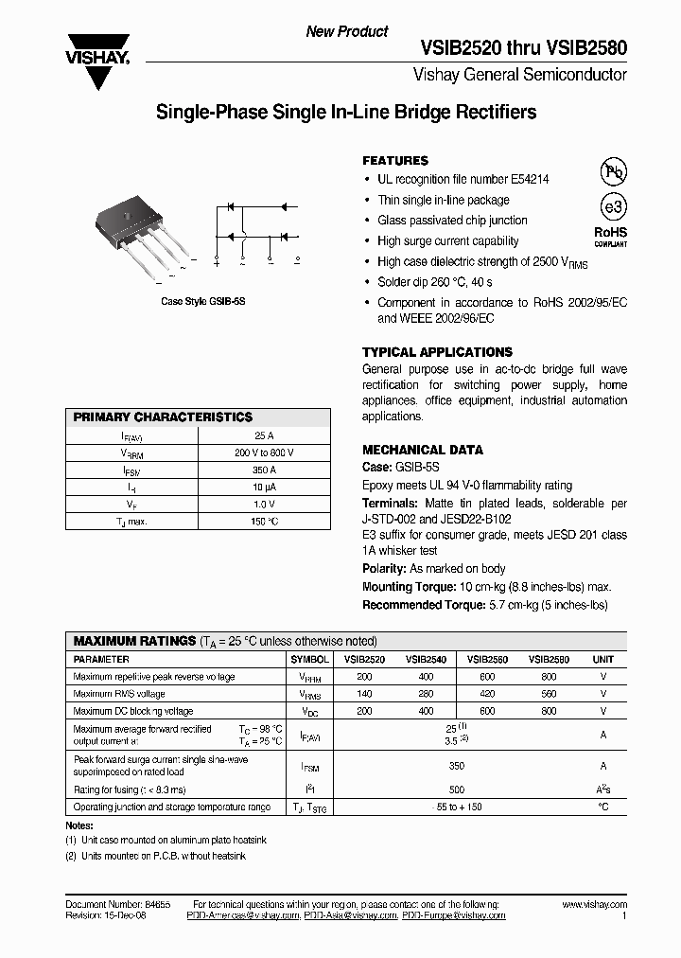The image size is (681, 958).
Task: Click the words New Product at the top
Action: tap(347, 31)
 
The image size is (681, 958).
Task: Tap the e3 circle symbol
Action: tap(614, 207)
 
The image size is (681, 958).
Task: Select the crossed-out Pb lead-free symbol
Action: tap(614, 171)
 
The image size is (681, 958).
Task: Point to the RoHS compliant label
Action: tap(610, 235)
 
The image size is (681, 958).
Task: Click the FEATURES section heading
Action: tap(395, 161)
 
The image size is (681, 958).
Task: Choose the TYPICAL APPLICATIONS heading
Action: tap(437, 351)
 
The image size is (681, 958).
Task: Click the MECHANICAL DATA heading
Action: tap(423, 450)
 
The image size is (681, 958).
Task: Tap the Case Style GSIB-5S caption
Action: tap(203, 301)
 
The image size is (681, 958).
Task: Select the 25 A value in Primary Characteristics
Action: tap(265, 435)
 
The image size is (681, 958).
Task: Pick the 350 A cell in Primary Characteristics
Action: tap(265, 470)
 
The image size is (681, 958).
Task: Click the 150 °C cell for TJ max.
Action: tap(265, 521)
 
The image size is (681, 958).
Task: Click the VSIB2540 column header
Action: tap(427, 659)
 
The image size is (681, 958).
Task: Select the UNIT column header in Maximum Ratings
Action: tap(602, 659)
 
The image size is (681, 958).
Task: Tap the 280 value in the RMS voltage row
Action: tap(427, 694)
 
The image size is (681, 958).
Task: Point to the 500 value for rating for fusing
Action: tap(458, 789)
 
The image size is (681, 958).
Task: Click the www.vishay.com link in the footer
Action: tap(595, 905)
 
